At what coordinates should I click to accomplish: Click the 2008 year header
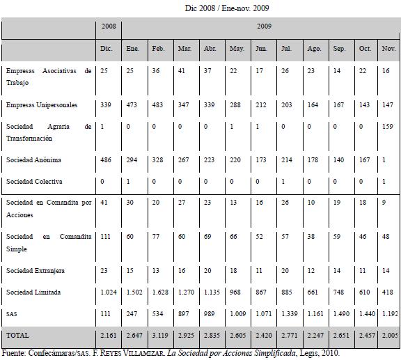click(109, 26)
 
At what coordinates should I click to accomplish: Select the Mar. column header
click(185, 49)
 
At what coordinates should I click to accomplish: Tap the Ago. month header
click(314, 49)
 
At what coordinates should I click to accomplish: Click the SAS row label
click(12, 314)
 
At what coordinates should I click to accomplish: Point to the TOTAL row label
click(17, 335)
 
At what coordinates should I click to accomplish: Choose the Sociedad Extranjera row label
click(36, 271)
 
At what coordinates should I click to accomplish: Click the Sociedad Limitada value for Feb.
click(160, 292)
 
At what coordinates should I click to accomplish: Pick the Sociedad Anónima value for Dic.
click(106, 160)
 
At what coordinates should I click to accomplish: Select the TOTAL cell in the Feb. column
click(160, 335)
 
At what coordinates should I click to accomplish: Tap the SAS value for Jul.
click(290, 313)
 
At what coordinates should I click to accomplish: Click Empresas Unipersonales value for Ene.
click(132, 105)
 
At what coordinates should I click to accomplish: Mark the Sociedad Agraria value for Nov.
click(388, 127)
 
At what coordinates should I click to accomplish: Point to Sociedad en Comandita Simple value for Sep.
click(337, 237)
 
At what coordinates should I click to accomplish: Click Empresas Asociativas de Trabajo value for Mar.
click(182, 70)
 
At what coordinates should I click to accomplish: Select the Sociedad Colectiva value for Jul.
click(283, 182)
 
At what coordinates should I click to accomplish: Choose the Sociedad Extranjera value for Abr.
click(207, 271)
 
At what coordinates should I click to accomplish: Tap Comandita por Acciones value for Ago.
click(311, 203)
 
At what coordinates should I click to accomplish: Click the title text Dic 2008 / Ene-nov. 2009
click(227, 8)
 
